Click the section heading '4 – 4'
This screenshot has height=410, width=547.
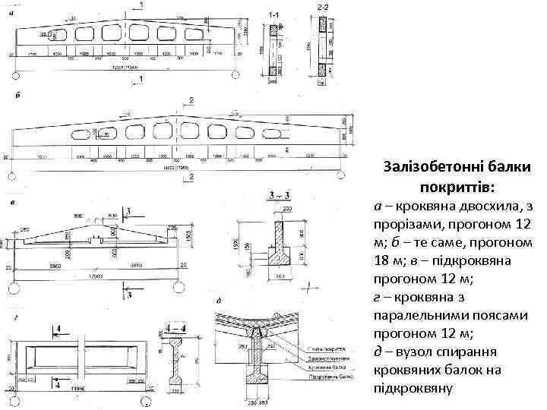point(176,329)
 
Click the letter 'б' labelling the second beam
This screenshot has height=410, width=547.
point(16,96)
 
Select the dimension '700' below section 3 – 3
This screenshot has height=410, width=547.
point(280,278)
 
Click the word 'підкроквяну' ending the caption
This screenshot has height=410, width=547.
point(413,389)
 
